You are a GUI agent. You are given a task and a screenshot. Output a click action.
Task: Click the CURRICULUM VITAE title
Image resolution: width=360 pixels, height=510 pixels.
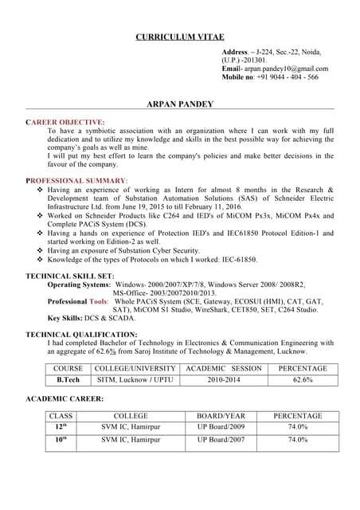(x=179, y=37)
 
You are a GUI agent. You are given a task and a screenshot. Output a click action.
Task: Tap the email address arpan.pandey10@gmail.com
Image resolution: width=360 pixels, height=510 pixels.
(x=286, y=69)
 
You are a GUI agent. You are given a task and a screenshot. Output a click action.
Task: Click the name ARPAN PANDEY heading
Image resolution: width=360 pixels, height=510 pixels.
(x=179, y=104)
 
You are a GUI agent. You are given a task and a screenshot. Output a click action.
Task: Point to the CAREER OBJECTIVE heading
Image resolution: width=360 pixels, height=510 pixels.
(x=65, y=122)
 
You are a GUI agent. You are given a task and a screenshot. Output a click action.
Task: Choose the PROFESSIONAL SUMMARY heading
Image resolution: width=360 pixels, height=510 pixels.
(x=76, y=181)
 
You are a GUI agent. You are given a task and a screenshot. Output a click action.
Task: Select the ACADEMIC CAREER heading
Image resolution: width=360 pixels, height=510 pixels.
(x=65, y=398)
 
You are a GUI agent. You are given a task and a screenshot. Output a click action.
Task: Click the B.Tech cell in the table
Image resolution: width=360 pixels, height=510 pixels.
(x=68, y=381)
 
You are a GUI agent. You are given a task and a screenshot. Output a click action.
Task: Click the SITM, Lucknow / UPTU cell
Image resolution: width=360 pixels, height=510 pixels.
(x=135, y=381)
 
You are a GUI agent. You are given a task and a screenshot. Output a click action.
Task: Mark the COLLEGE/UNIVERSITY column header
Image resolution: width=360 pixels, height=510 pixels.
(x=135, y=369)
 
